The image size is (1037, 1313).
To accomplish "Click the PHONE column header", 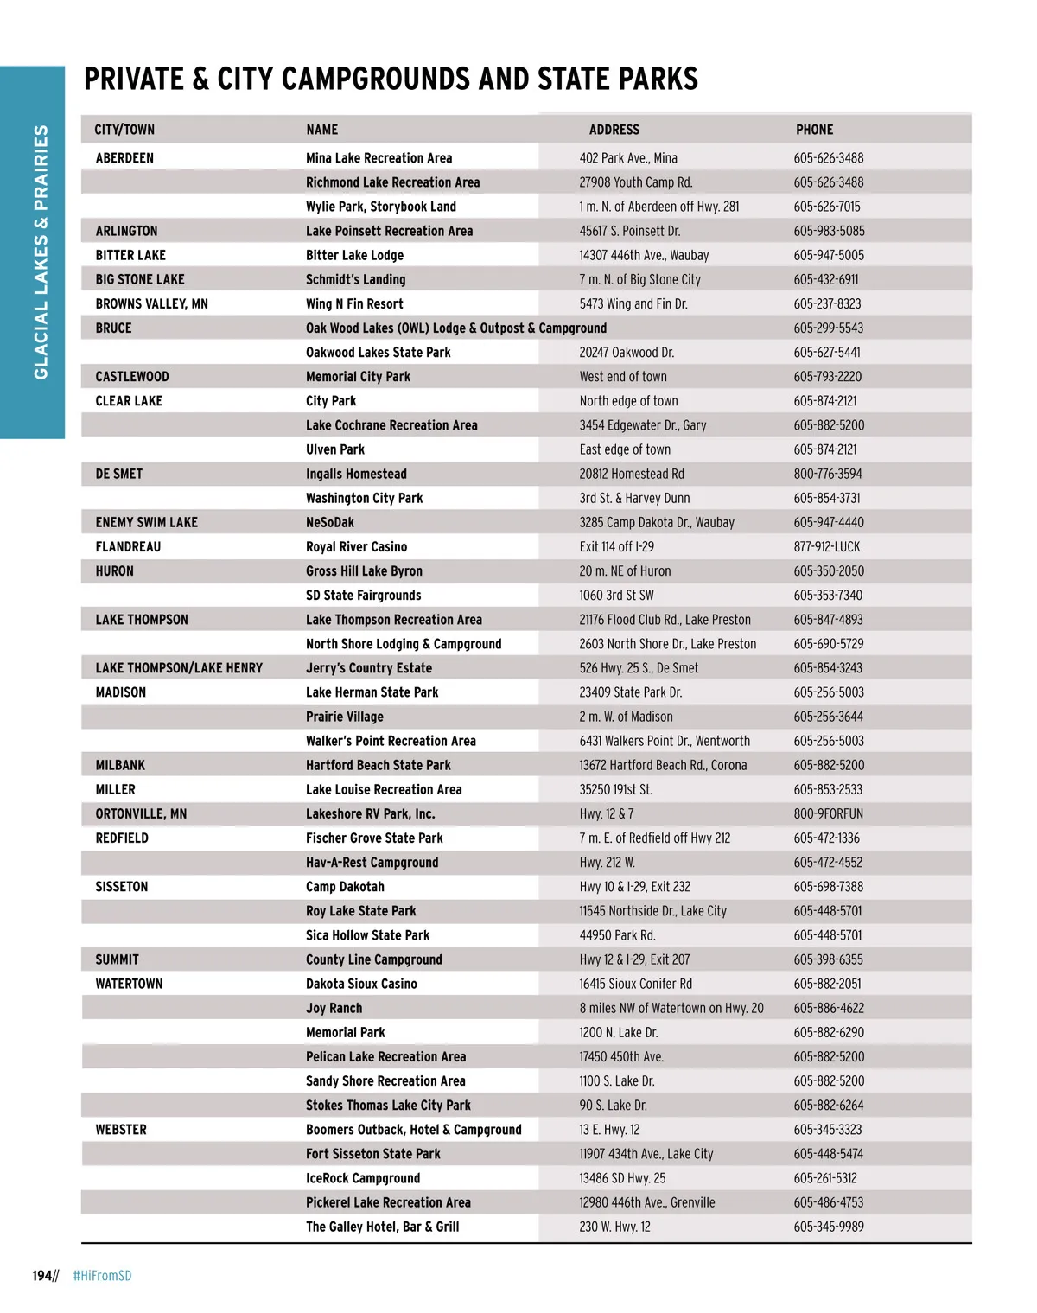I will pyautogui.click(x=814, y=130).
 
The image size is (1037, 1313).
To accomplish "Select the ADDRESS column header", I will pyautogui.click(x=614, y=130).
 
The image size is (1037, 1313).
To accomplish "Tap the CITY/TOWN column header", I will pyautogui.click(x=124, y=130).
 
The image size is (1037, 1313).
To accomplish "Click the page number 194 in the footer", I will pyautogui.click(x=42, y=1276).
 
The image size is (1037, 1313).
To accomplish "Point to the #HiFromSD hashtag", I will pyautogui.click(x=102, y=1276).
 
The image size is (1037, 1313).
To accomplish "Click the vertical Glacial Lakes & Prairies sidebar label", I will pyautogui.click(x=41, y=252).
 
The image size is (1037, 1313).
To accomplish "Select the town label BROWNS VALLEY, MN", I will pyautogui.click(x=151, y=304).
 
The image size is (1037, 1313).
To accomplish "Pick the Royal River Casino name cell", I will pyautogui.click(x=356, y=547).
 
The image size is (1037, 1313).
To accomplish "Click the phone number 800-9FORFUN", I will pyautogui.click(x=828, y=814).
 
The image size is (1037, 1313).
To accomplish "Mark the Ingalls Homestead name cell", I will pyautogui.click(x=356, y=475).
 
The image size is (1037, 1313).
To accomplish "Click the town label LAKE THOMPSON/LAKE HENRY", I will pyautogui.click(x=179, y=668).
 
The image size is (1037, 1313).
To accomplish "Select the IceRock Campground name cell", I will pyautogui.click(x=363, y=1178).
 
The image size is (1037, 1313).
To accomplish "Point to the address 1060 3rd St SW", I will pyautogui.click(x=616, y=596).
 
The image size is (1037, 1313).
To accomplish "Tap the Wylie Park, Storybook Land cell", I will pyautogui.click(x=380, y=207).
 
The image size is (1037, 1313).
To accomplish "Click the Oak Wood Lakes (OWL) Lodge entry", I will pyautogui.click(x=455, y=328).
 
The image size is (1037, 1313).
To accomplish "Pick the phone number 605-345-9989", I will pyautogui.click(x=828, y=1227).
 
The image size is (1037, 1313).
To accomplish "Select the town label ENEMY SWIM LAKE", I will pyautogui.click(x=146, y=523).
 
